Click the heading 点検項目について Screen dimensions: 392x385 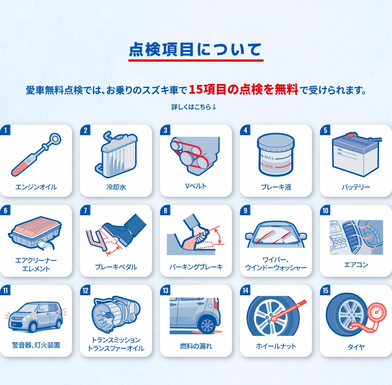pos(196,49)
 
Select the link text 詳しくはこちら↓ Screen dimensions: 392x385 pos(194,107)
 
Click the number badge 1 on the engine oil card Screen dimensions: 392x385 pos(5,130)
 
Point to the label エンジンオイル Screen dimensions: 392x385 pos(36,187)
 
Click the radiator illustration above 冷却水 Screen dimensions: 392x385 pos(116,155)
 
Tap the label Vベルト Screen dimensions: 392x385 pos(196,186)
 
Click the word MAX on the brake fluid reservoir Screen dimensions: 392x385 pos(269,158)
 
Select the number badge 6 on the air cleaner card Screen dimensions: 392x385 pos(5,210)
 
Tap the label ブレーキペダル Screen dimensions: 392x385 pos(116,267)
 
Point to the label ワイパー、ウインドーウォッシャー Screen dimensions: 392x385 pos(276,264)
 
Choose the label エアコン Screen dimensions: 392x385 pos(356,265)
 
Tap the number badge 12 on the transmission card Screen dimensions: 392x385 pos(85,290)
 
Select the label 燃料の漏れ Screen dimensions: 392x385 pos(196,346)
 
